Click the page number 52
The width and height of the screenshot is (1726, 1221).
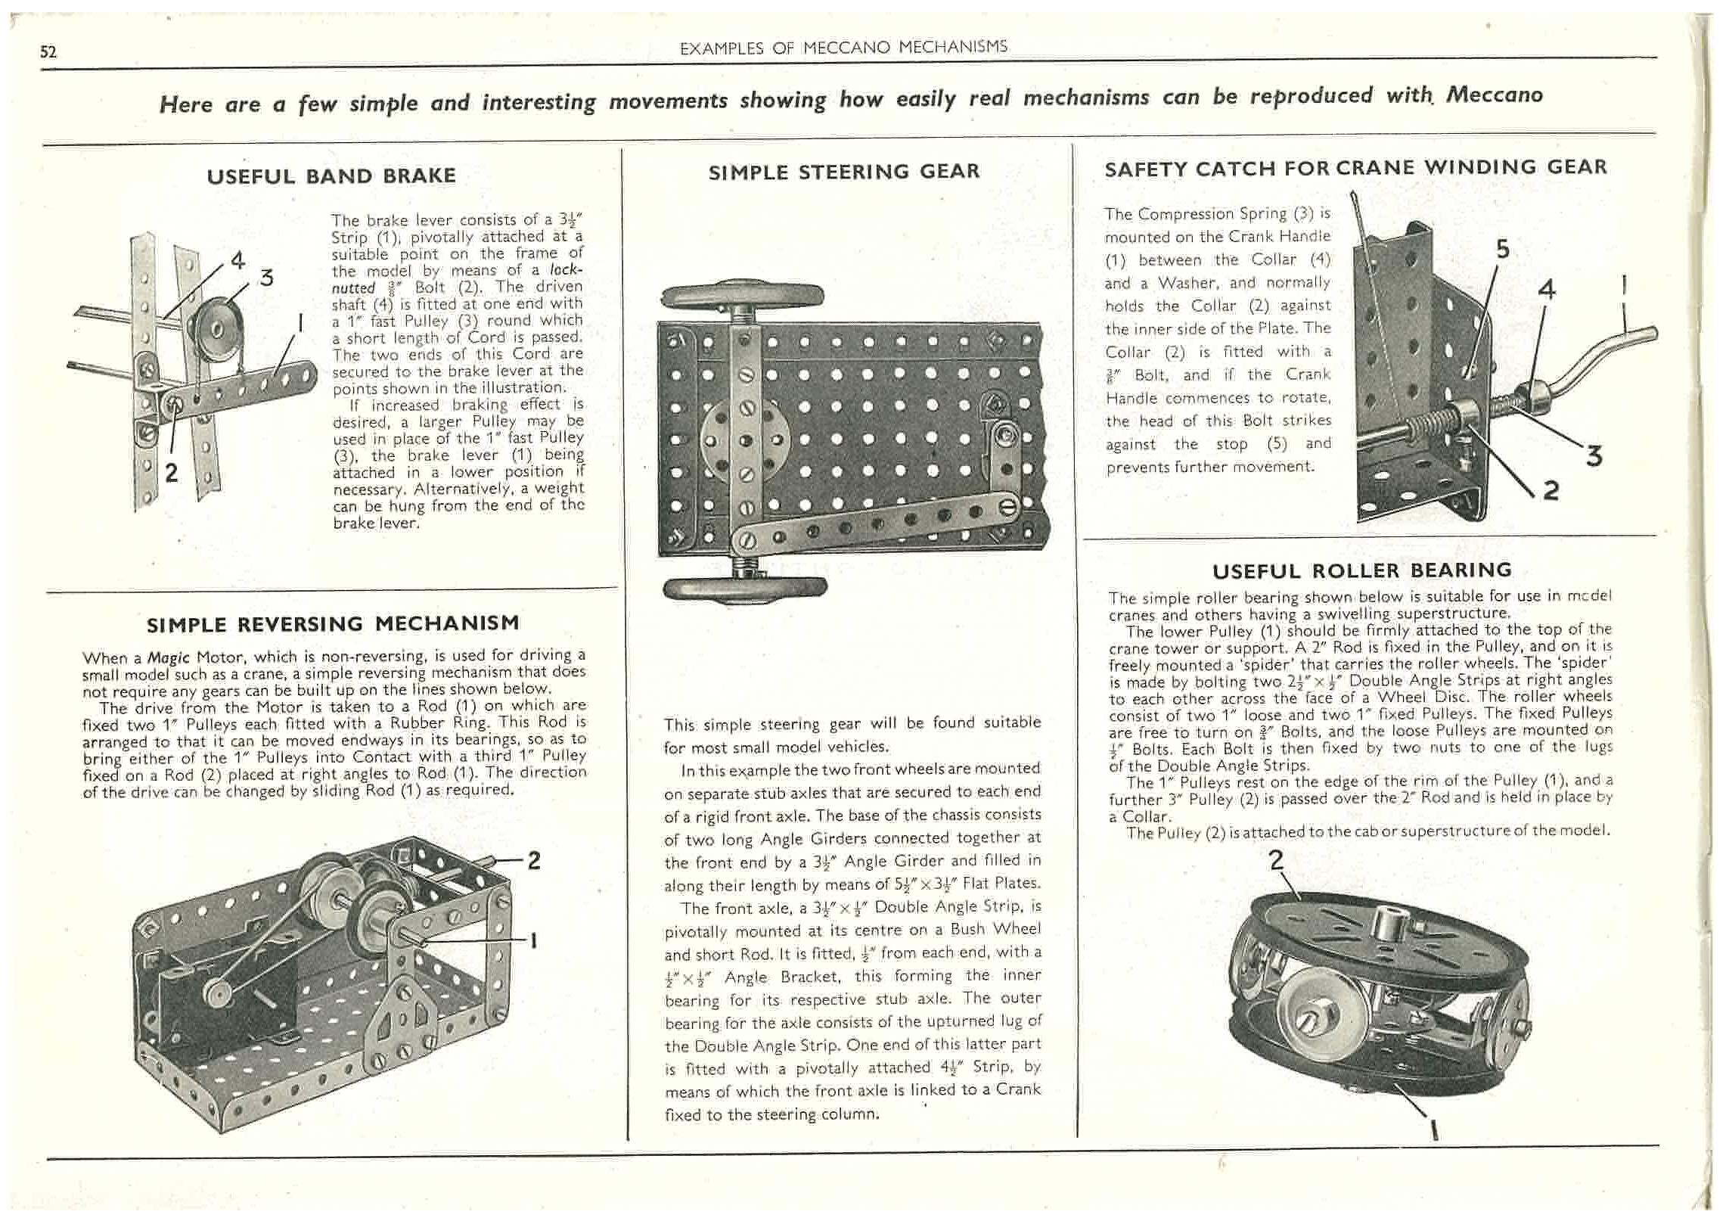48,51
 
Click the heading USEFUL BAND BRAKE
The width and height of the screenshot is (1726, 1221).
331,176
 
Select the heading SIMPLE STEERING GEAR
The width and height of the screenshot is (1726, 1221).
843,172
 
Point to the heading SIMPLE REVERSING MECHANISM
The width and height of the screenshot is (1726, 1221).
333,624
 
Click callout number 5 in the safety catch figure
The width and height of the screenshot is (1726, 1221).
1502,249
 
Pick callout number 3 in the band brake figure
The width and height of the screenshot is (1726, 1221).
265,277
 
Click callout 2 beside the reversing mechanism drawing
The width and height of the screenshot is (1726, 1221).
534,860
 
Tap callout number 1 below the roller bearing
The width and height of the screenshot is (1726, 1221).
1433,1131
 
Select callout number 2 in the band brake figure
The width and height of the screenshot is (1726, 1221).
172,473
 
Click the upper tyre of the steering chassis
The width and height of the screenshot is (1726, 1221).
741,297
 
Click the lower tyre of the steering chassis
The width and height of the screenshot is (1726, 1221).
744,588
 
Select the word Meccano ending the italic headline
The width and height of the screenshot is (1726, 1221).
1494,95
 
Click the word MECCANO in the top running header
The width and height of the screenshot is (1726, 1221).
847,48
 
